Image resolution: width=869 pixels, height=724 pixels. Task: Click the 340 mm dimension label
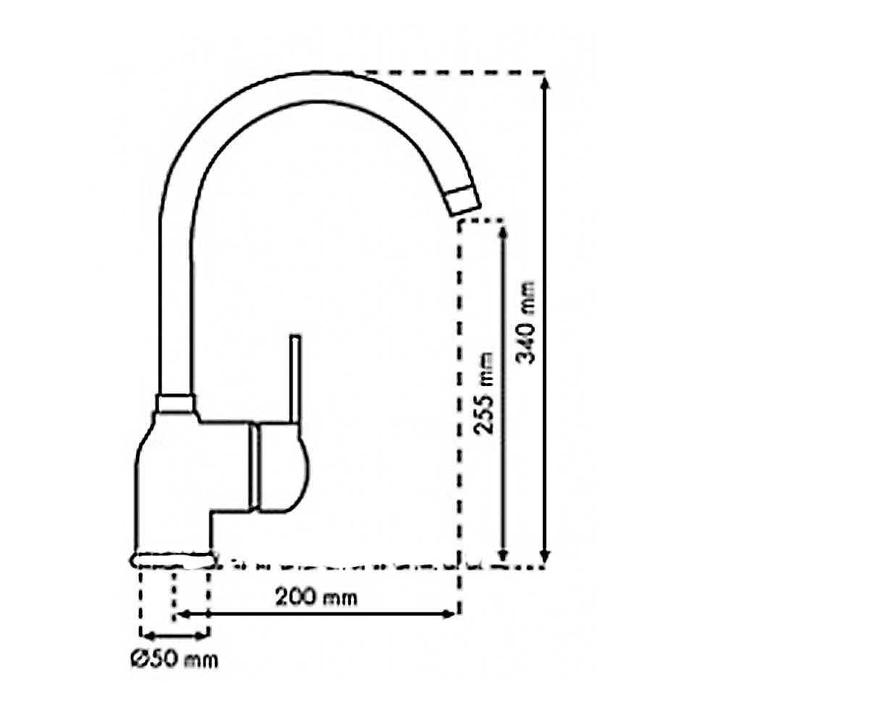pyautogui.click(x=525, y=322)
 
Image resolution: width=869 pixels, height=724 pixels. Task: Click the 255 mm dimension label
pyautogui.click(x=484, y=393)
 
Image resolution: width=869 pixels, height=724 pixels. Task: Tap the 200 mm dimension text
pyautogui.click(x=316, y=598)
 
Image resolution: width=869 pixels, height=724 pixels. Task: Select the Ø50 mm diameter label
pyautogui.click(x=174, y=659)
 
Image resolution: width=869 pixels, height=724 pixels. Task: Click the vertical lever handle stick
pyautogui.click(x=295, y=380)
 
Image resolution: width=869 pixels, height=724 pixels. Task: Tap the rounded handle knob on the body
pyautogui.click(x=282, y=467)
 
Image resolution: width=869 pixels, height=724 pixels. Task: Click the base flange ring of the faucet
pyautogui.click(x=173, y=560)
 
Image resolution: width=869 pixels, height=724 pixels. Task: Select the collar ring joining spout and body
pyautogui.click(x=175, y=403)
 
